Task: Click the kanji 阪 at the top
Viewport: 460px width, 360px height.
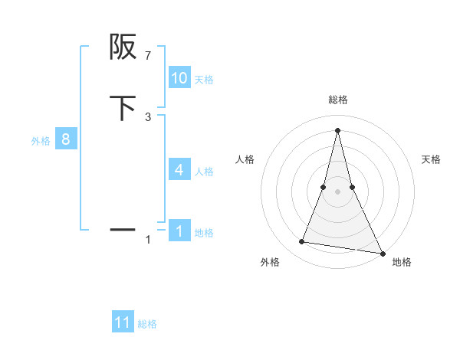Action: tap(123, 48)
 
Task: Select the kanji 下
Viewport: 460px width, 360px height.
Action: tap(123, 108)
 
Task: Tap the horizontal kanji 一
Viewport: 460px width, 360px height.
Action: tap(123, 229)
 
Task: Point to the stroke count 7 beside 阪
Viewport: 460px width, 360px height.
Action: tap(148, 56)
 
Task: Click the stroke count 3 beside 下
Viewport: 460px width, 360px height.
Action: tap(148, 116)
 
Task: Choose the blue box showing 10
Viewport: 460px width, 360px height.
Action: tap(179, 78)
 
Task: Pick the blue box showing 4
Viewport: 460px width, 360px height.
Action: tap(179, 170)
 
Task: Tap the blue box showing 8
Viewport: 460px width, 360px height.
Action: tap(66, 140)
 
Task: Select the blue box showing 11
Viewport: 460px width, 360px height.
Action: tap(123, 322)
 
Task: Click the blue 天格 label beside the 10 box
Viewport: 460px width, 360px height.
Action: tap(204, 80)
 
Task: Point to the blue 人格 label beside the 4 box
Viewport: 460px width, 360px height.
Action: tap(204, 172)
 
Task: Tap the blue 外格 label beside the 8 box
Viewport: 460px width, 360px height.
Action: tap(41, 141)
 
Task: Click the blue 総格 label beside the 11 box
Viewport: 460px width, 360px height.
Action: tap(147, 324)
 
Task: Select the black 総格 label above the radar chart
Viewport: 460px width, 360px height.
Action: tap(338, 100)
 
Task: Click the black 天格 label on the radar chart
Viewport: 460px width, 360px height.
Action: tap(431, 159)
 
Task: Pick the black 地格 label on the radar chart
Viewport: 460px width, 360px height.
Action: tap(402, 262)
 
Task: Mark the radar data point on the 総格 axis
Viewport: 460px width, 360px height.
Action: tap(338, 130)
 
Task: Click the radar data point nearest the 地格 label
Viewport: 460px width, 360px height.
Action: tap(382, 253)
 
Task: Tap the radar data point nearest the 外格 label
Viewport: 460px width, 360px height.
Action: tap(302, 242)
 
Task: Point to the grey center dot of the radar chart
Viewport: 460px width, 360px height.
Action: tap(338, 192)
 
